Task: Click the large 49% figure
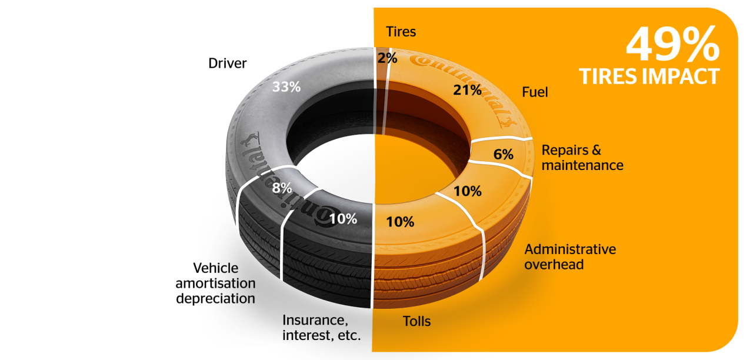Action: (672, 45)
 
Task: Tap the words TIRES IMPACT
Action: (649, 76)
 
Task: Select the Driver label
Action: (227, 63)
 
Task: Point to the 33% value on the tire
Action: (286, 86)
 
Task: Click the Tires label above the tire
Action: (401, 32)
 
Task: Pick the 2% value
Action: (388, 58)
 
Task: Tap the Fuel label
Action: (535, 92)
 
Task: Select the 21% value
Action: (468, 90)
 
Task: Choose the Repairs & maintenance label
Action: (582, 158)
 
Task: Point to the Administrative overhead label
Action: (569, 256)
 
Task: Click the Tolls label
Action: (417, 321)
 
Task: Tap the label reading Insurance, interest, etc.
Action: (321, 328)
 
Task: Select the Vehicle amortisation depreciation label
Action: (216, 284)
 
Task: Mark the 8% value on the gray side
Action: (282, 189)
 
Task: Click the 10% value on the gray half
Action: (343, 219)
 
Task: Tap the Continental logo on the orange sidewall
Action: (465, 82)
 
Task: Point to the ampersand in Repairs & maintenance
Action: (595, 150)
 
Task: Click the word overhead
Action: (554, 264)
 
